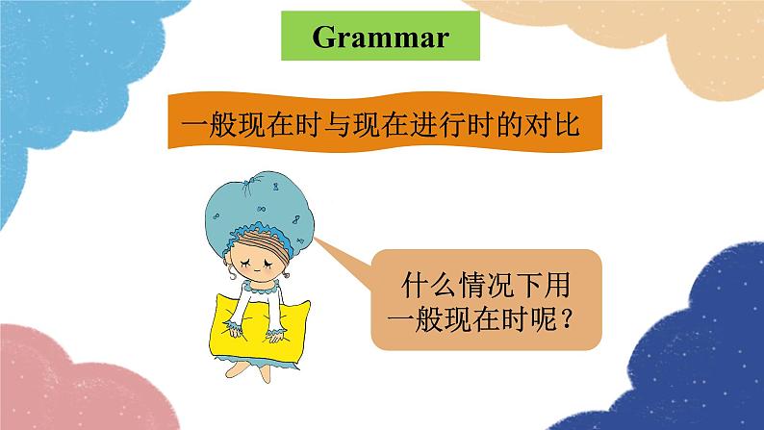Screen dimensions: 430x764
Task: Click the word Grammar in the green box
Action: coord(380,38)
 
